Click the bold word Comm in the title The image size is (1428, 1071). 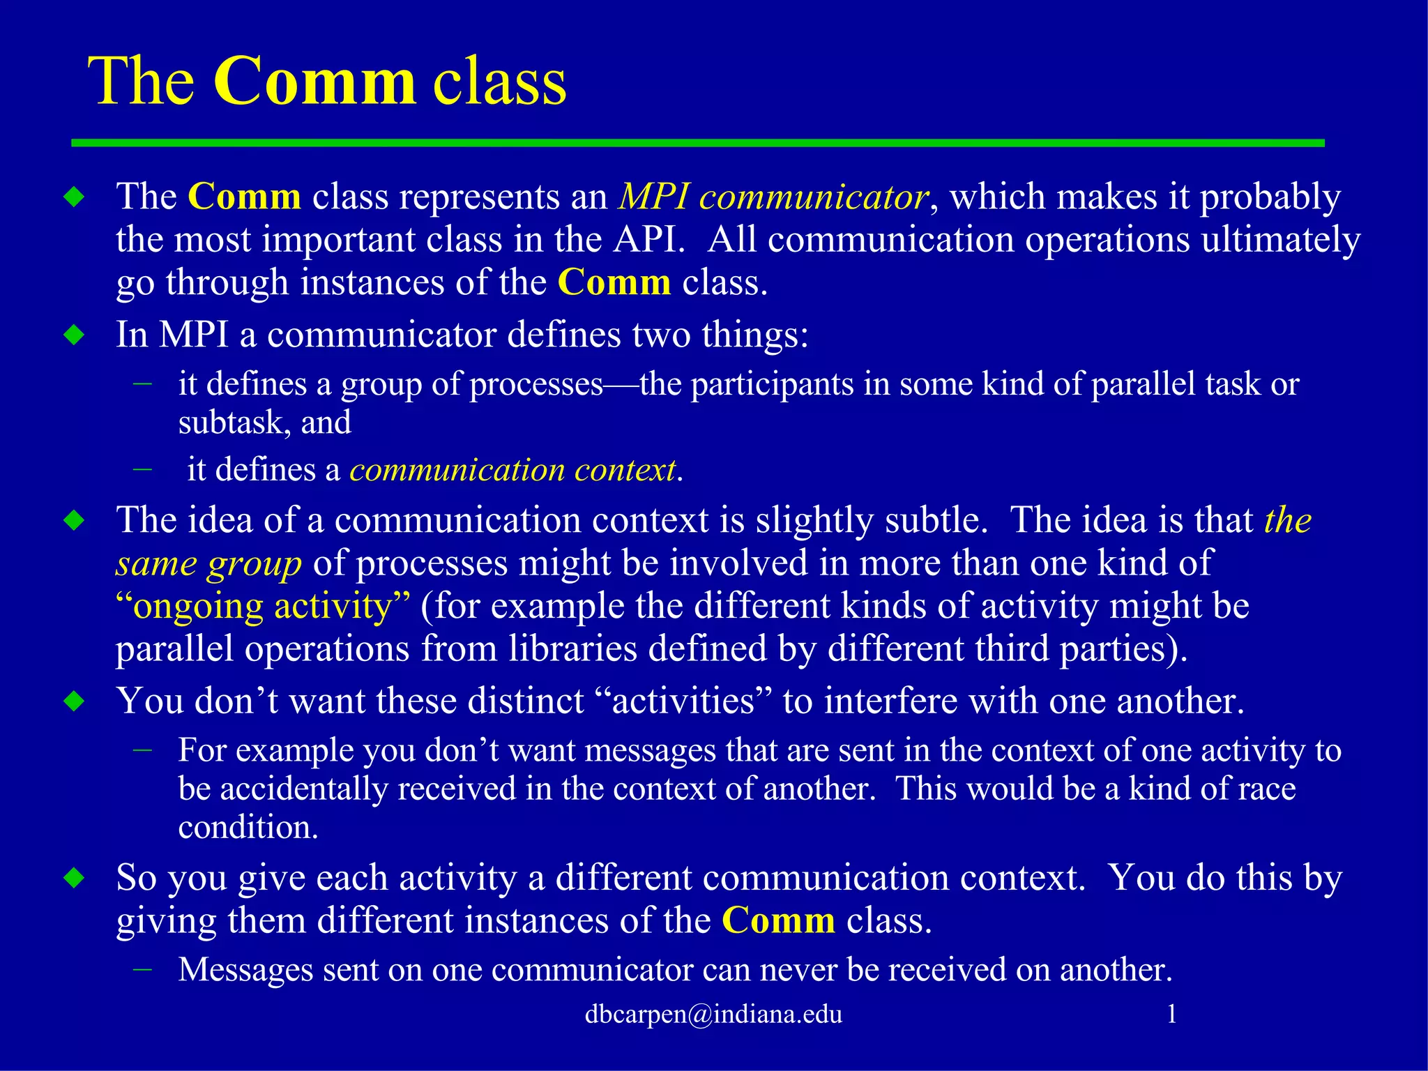point(314,82)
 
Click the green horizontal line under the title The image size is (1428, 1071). point(697,143)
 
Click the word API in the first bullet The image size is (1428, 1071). point(644,240)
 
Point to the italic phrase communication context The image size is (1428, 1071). point(512,470)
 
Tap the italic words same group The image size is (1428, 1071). point(208,563)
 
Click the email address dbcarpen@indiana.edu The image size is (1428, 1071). point(713,1014)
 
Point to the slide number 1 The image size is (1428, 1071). point(1172,1014)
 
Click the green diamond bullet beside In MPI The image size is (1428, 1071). point(74,335)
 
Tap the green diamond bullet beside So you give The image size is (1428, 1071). point(74,878)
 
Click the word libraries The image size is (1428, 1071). point(572,649)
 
